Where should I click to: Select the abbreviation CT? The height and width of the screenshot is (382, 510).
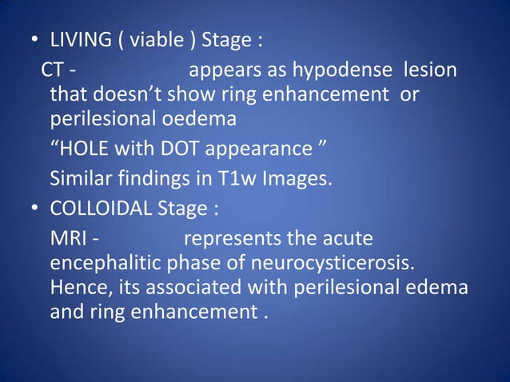54,71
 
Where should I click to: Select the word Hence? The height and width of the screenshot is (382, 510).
77,287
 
